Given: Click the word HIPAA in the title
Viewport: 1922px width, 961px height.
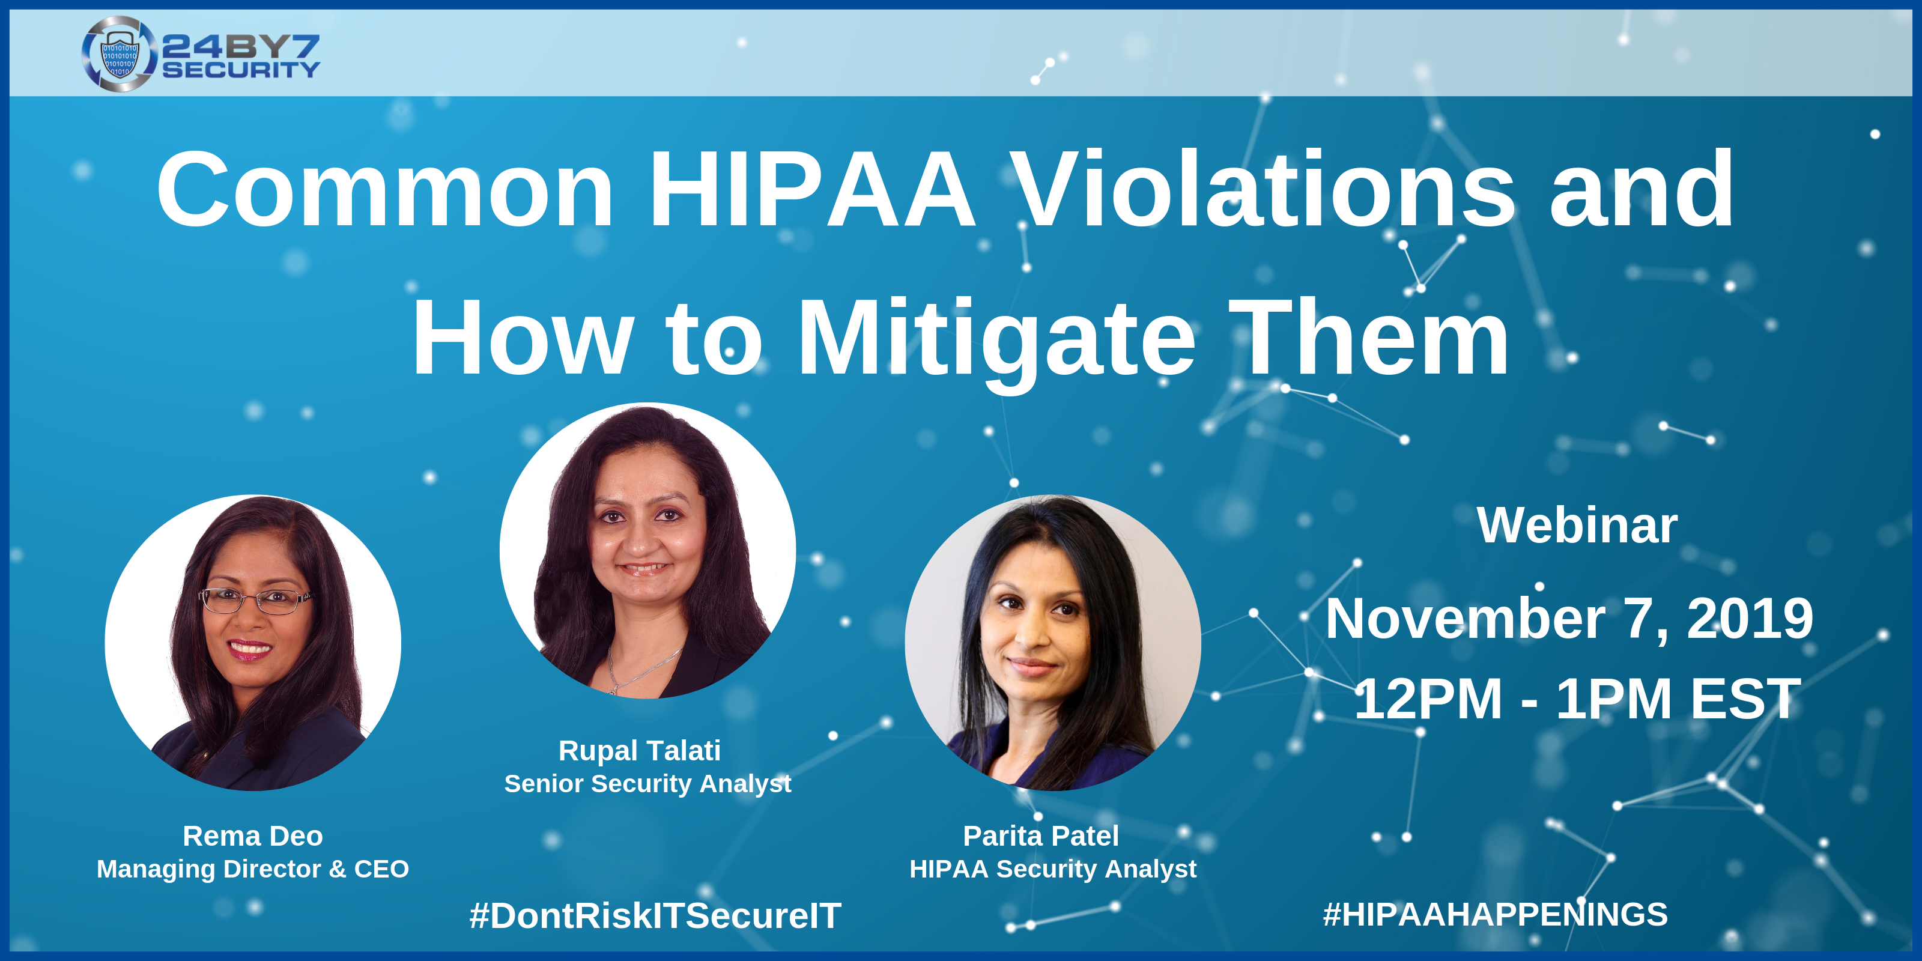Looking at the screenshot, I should click(812, 190).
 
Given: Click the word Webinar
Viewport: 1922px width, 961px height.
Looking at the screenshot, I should click(1577, 526).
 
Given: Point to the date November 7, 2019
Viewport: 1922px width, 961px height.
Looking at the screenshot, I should click(1569, 619).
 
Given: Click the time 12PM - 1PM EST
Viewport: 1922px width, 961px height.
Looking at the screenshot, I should click(1577, 699).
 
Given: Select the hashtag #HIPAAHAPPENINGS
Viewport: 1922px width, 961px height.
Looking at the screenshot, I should click(1495, 915).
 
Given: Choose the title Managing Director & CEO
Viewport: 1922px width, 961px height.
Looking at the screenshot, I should click(252, 869).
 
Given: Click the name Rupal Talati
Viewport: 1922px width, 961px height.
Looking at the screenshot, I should click(640, 751).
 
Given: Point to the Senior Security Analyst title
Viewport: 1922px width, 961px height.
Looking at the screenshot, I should click(647, 783).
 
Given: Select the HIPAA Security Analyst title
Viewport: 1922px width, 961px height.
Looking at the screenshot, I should click(1053, 869).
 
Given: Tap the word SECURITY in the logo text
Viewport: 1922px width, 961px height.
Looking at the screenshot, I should click(241, 70).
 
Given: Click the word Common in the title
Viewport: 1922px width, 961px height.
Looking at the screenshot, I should click(384, 190).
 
